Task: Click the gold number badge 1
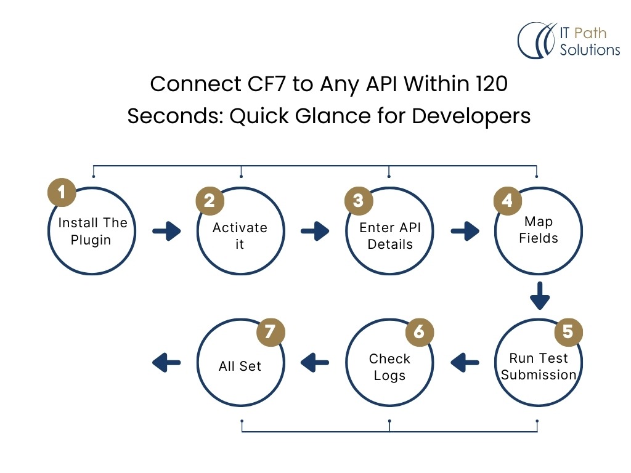pyautogui.click(x=62, y=193)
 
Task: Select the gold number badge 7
pyautogui.click(x=270, y=332)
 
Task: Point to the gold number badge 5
pyautogui.click(x=568, y=332)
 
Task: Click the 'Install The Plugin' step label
pyautogui.click(x=92, y=232)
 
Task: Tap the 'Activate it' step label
pyautogui.click(x=240, y=236)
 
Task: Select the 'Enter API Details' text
pyautogui.click(x=389, y=236)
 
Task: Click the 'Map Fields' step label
pyautogui.click(x=538, y=230)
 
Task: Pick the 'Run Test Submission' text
pyautogui.click(x=538, y=366)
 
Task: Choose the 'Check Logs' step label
pyautogui.click(x=389, y=366)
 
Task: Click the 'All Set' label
pyautogui.click(x=240, y=366)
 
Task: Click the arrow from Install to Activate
pyautogui.click(x=166, y=232)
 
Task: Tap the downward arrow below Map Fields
pyautogui.click(x=540, y=296)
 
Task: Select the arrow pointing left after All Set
pyautogui.click(x=166, y=363)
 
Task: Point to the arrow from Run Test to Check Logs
pyautogui.click(x=465, y=363)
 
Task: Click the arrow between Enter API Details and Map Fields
pyautogui.click(x=465, y=232)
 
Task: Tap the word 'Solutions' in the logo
pyautogui.click(x=590, y=50)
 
